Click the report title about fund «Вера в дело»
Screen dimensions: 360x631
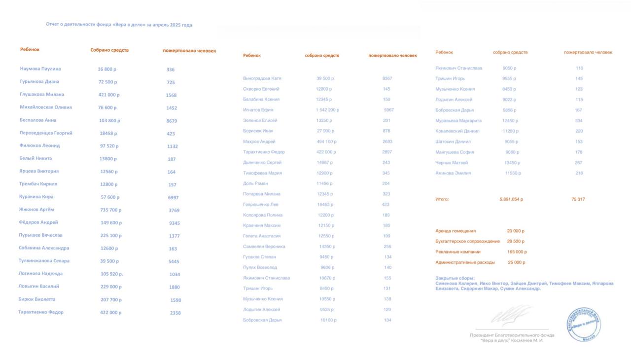[x=119, y=25]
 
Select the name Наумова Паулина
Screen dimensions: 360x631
[x=40, y=69]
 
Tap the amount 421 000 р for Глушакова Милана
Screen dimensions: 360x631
[x=109, y=95]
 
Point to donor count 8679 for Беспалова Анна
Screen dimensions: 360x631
[x=172, y=121]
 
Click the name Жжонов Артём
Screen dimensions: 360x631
[x=36, y=210]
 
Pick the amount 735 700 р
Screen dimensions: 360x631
[x=110, y=210]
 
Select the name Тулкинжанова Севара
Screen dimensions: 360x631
[x=44, y=261]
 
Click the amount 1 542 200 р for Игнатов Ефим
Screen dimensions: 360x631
[x=327, y=110]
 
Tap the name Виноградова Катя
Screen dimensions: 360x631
[x=262, y=78]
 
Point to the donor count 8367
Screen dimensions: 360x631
[x=387, y=78]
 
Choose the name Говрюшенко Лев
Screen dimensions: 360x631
[x=261, y=205]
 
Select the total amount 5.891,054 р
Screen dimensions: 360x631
[x=511, y=199]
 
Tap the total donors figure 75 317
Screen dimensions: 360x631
[x=578, y=199]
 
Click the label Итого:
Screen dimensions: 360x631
[x=442, y=199]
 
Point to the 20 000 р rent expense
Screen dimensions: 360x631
[x=516, y=231]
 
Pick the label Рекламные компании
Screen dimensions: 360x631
[x=458, y=252]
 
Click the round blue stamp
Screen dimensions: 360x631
[x=584, y=324]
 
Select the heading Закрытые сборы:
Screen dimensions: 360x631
[x=455, y=278]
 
